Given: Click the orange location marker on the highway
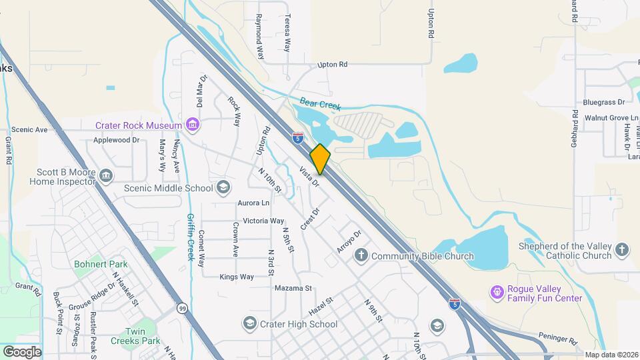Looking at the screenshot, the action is pyautogui.click(x=320, y=159).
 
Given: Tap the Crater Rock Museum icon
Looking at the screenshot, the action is pyautogui.click(x=193, y=125).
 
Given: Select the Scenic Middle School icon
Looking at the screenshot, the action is pyautogui.click(x=223, y=187).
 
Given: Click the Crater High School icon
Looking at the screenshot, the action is pyautogui.click(x=250, y=324).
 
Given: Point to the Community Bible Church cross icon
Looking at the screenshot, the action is pyautogui.click(x=361, y=255).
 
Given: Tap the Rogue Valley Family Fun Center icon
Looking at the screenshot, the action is pyautogui.click(x=496, y=292).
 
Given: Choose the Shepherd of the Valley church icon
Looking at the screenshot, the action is pyautogui.click(x=621, y=250).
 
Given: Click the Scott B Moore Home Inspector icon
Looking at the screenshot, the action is pyautogui.click(x=106, y=175).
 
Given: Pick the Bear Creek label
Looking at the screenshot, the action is pyautogui.click(x=320, y=105).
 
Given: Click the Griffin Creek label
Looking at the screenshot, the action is pyautogui.click(x=190, y=237).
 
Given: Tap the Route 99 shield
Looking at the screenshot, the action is pyautogui.click(x=182, y=308).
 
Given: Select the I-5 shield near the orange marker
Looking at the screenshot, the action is pyautogui.click(x=298, y=137).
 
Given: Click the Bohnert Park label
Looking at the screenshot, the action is pyautogui.click(x=101, y=264).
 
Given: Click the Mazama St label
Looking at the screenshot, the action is pyautogui.click(x=293, y=288).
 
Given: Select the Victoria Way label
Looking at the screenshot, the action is pyautogui.click(x=263, y=221).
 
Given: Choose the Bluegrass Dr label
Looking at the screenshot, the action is pyautogui.click(x=603, y=102).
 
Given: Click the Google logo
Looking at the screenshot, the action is pyautogui.click(x=23, y=351).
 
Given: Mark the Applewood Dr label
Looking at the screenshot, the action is pyautogui.click(x=116, y=140).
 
